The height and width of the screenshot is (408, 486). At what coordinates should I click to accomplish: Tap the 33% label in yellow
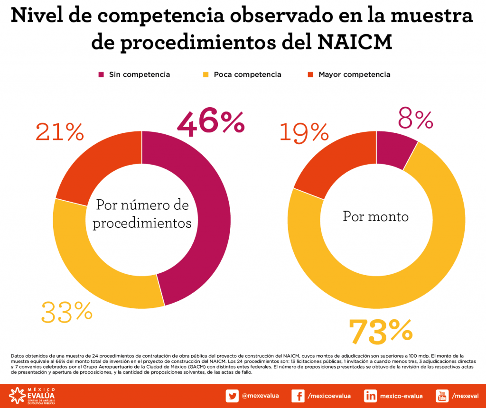pyautogui.click(x=66, y=312)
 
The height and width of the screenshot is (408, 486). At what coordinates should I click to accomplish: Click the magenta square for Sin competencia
pyautogui.click(x=101, y=74)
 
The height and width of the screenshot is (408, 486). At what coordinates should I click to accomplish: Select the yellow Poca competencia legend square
pyautogui.click(x=206, y=74)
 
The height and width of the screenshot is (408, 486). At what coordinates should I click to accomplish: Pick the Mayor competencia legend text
pyautogui.click(x=354, y=74)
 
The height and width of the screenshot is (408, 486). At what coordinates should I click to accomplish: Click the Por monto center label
pyautogui.click(x=375, y=216)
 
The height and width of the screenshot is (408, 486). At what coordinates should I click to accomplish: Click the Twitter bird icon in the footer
pyautogui.click(x=232, y=396)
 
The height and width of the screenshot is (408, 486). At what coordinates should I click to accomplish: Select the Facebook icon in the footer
pyautogui.click(x=298, y=396)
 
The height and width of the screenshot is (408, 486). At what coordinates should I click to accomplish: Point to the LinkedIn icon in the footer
pyautogui.click(x=370, y=396)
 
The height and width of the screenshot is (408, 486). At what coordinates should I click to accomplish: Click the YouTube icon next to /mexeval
pyautogui.click(x=442, y=396)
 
